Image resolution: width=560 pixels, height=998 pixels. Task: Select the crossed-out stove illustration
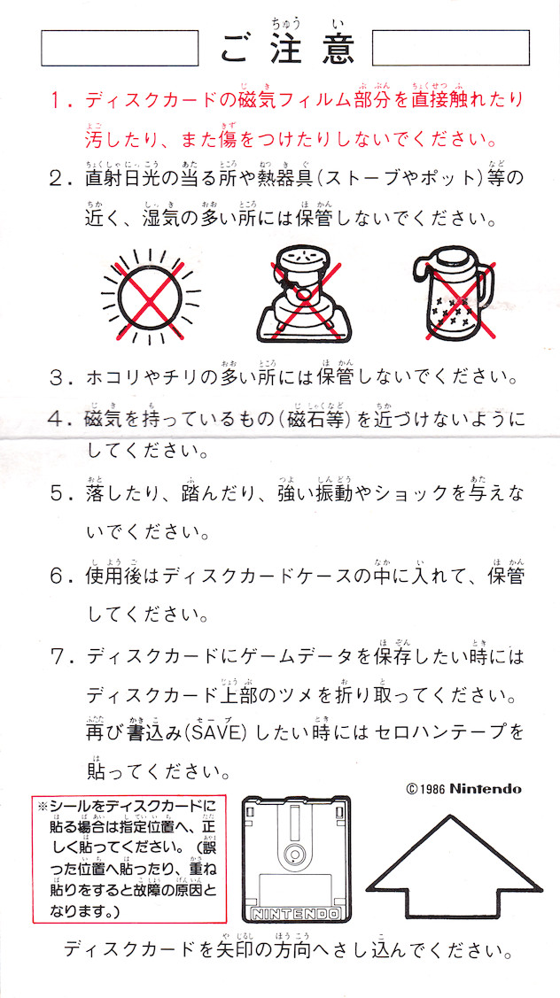tap(304, 295)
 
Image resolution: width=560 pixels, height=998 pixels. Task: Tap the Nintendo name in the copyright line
tap(486, 790)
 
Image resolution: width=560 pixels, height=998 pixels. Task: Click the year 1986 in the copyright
tap(432, 790)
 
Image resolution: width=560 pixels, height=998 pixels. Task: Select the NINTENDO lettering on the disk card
tap(296, 914)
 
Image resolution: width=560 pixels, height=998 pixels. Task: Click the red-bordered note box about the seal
tap(130, 859)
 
